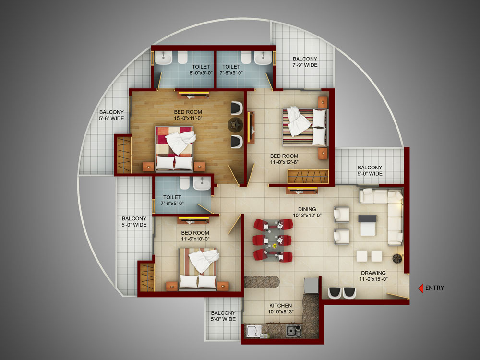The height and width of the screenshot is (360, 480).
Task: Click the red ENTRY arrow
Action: click(421, 288)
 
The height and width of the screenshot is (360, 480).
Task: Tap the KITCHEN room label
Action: click(280, 305)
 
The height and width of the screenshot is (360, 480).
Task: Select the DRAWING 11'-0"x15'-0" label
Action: click(373, 276)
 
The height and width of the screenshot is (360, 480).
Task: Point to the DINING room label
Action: click(307, 209)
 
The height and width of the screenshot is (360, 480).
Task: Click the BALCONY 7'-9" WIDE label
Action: click(305, 62)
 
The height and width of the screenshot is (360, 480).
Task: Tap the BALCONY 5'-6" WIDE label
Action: click(111, 115)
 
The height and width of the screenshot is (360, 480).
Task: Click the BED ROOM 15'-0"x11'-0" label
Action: click(188, 115)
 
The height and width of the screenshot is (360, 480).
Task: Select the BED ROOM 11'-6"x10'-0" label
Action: click(195, 236)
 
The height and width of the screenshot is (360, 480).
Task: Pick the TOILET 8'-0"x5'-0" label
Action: click(201, 70)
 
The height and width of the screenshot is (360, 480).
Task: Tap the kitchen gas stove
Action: click(294, 331)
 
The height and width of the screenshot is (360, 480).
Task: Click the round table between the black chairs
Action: click(235, 124)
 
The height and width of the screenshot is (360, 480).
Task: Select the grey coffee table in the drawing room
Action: click(368, 225)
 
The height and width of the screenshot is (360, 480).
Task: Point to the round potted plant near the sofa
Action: click(397, 258)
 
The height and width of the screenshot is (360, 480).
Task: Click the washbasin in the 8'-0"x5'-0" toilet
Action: click(163, 58)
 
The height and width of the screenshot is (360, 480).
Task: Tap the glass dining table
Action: click(273, 240)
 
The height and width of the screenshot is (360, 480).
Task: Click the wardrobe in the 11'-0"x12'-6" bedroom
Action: click(308, 177)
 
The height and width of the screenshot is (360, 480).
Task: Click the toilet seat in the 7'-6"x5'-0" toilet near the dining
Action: click(185, 183)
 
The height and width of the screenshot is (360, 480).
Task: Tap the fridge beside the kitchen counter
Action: click(312, 285)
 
